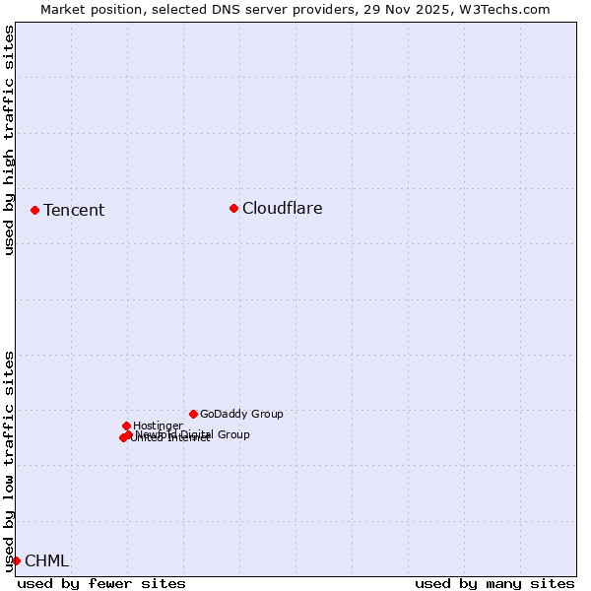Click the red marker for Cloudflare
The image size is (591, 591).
tap(233, 208)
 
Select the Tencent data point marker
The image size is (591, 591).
tap(34, 210)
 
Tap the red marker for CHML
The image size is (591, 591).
tap(16, 560)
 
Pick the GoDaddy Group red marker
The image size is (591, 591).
tap(193, 414)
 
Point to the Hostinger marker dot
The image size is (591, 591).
tap(126, 426)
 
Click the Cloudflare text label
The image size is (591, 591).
tap(282, 208)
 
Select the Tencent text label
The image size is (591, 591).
tap(74, 210)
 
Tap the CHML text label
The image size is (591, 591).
tap(46, 560)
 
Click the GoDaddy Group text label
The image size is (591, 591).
tap(241, 414)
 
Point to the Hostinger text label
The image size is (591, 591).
tap(158, 426)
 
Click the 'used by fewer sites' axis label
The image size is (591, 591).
tap(101, 583)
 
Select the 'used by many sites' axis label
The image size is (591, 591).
tap(494, 583)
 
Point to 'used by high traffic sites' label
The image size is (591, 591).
tap(9, 140)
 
